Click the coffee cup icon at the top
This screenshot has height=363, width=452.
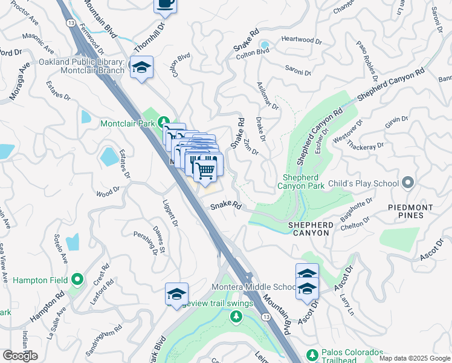click(x=165, y=4)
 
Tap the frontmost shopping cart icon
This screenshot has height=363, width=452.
click(x=205, y=170)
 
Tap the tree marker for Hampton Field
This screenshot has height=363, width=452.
click(x=77, y=280)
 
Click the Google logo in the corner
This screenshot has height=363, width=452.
click(x=20, y=356)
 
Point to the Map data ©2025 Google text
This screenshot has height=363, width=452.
click(x=414, y=358)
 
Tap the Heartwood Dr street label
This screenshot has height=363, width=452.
click(x=302, y=41)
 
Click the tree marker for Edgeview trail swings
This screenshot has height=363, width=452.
click(x=236, y=316)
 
